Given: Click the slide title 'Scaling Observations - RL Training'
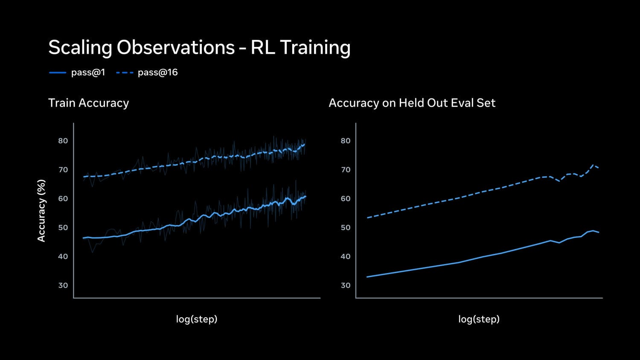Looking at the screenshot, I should click(x=199, y=47).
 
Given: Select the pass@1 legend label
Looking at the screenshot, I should click(x=88, y=73).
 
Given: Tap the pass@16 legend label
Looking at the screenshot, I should click(x=157, y=73).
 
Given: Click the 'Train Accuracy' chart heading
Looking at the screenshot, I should click(x=88, y=103).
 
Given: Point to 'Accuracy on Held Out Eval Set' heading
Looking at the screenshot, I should click(x=412, y=103).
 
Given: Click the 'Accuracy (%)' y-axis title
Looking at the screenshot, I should click(x=41, y=210).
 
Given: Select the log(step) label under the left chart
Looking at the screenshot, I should click(x=197, y=319).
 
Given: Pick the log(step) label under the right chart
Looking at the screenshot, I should click(x=479, y=319).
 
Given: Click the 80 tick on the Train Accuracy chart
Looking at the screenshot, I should click(x=63, y=141).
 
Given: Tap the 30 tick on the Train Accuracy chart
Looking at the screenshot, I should click(x=63, y=285).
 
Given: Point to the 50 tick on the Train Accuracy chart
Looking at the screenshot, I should click(x=63, y=227).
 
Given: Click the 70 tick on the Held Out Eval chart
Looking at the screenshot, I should click(x=346, y=170).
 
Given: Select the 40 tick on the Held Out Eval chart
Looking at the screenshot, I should click(x=346, y=256).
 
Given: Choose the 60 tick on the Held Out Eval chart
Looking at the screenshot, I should click(x=346, y=198).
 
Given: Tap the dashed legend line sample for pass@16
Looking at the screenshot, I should click(x=125, y=73).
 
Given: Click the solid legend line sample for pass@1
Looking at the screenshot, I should click(x=58, y=73).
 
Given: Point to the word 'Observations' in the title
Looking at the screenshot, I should click(x=175, y=47).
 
